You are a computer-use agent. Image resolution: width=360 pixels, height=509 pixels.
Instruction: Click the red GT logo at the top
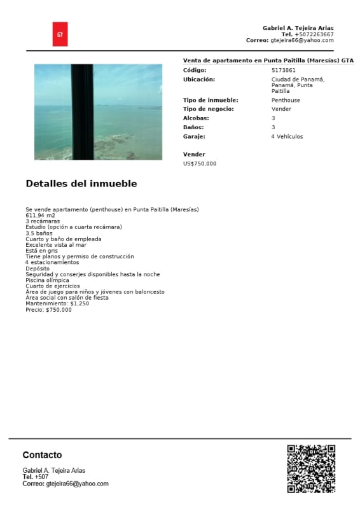60,34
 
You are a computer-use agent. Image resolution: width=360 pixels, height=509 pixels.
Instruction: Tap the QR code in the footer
311,468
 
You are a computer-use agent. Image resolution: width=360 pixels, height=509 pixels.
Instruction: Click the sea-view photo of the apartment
98,111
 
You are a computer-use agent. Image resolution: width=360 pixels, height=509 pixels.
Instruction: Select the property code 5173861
283,70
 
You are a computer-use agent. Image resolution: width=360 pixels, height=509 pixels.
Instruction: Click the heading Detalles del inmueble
81,184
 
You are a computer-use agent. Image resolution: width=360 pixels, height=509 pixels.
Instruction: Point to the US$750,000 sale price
200,164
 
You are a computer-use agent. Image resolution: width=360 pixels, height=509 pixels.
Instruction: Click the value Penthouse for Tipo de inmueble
286,101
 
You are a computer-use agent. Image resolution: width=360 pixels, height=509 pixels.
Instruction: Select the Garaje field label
194,136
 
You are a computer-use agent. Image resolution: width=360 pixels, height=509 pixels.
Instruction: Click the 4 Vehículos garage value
287,136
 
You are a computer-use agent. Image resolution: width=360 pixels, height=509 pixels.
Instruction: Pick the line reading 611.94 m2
40,216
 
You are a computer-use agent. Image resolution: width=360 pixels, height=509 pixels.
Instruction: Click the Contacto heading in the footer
42,455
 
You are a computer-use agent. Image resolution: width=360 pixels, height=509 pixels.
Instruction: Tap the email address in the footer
77,484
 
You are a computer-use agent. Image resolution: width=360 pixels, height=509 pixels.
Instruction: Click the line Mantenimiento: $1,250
57,303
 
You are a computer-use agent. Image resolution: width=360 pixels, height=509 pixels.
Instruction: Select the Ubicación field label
198,79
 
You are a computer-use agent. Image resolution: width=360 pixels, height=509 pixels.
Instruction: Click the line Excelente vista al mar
56,245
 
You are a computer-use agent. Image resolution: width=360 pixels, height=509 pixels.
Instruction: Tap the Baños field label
193,127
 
